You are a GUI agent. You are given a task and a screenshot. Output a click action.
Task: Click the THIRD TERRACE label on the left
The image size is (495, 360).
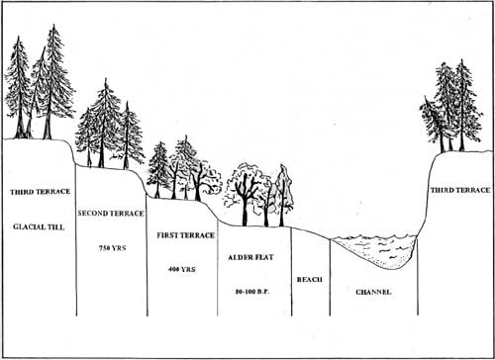pos(40,192)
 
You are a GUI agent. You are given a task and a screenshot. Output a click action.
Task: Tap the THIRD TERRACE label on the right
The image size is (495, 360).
pos(460,190)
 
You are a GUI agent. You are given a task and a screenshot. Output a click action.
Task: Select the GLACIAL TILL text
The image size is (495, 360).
pos(39,226)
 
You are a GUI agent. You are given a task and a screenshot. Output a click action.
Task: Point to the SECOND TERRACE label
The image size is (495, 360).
pos(111,214)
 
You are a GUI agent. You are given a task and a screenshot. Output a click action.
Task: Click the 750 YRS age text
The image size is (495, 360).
pos(113,248)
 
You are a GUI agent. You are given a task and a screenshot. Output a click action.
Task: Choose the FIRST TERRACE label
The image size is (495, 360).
pos(185,235)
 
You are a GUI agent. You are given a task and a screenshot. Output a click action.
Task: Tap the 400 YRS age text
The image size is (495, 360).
pos(182,269)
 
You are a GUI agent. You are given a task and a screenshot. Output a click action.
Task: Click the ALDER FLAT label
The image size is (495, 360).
pos(250,257)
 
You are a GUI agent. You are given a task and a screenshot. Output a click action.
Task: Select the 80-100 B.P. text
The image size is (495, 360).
pos(252,292)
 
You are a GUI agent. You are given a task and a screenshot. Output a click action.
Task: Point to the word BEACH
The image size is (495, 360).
pos(309,280)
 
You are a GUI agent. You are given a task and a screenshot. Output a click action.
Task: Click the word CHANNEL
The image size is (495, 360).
pos(373,292)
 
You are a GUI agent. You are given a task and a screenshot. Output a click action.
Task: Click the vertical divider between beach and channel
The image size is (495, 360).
pos(330,277)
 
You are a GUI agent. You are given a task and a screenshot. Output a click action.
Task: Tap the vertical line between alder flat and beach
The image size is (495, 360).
pos(291,272)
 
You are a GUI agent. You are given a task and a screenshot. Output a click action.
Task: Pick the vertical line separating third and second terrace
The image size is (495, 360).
pos(76,240)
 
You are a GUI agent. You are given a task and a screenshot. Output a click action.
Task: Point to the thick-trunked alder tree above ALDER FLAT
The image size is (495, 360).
pos(245,195)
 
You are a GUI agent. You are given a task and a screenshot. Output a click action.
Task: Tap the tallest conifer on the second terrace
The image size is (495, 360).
pos(104,124)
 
